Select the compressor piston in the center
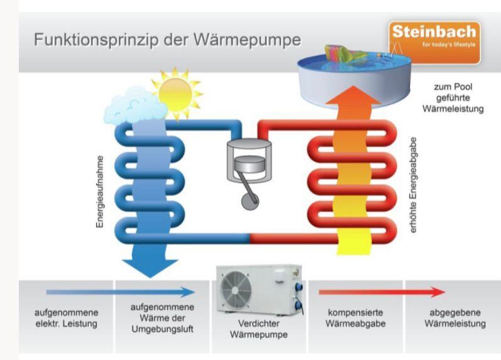pos(246,164)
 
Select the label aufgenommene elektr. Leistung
pos(66,318)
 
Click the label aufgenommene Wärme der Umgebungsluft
pos(162,318)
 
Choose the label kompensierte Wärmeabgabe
pos(356,318)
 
